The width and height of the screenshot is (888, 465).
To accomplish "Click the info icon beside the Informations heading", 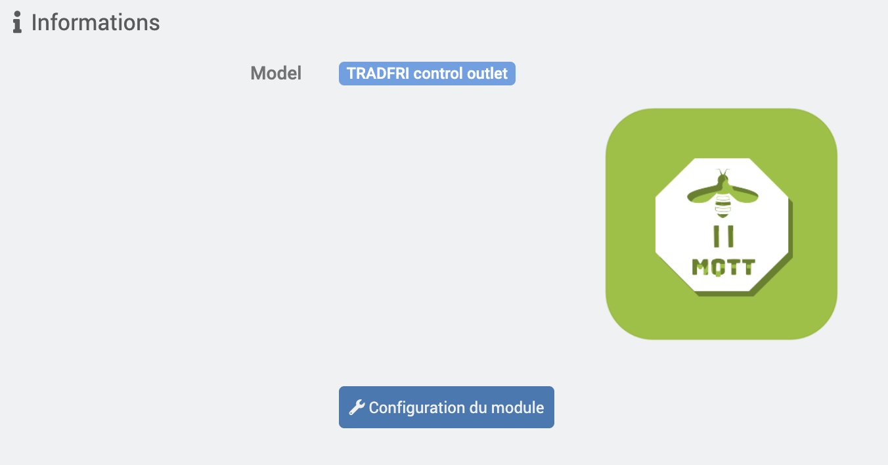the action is pyautogui.click(x=17, y=22).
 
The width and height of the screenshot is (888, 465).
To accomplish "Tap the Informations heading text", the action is pyautogui.click(x=95, y=22).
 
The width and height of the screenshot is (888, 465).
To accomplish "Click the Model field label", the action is pyautogui.click(x=276, y=74).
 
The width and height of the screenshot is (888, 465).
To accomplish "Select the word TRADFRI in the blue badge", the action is pyautogui.click(x=378, y=74).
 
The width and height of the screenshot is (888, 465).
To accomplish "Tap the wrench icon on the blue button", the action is pyautogui.click(x=357, y=407).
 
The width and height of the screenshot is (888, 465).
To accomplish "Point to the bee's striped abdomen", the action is pyautogui.click(x=722, y=206).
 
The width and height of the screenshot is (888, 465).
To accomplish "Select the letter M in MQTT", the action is pyautogui.click(x=700, y=267).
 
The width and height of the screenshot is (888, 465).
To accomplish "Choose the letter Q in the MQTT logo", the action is pyautogui.click(x=718, y=267).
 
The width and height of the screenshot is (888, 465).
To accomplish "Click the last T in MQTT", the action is pyautogui.click(x=747, y=267).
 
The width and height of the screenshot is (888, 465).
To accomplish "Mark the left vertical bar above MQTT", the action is pyautogui.click(x=717, y=236).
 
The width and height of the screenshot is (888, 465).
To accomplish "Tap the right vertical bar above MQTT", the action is pyautogui.click(x=731, y=236).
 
